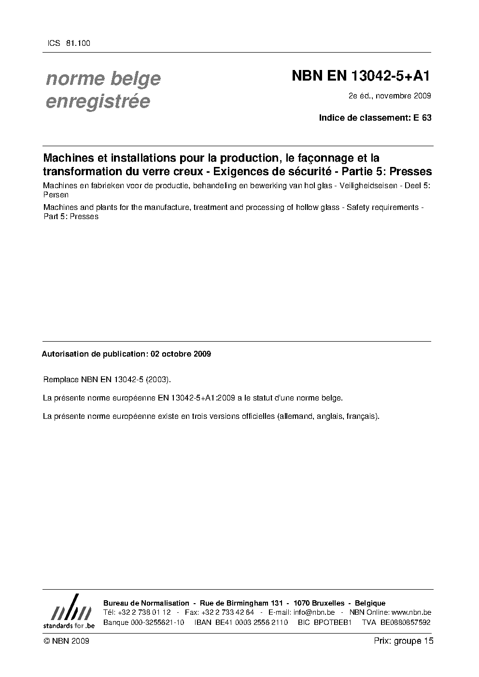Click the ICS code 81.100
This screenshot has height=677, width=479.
[x=78, y=43]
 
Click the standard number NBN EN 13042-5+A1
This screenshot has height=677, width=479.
[x=361, y=76]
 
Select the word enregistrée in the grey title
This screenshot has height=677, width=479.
[x=98, y=102]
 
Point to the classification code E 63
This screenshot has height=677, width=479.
[x=422, y=117]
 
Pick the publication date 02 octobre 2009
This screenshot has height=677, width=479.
[x=181, y=354]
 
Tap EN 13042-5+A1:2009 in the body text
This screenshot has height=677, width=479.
[x=197, y=398]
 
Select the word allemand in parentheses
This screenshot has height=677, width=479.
[x=296, y=416]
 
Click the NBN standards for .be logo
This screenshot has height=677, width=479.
[x=69, y=611]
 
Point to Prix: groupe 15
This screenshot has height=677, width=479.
[x=404, y=641]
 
